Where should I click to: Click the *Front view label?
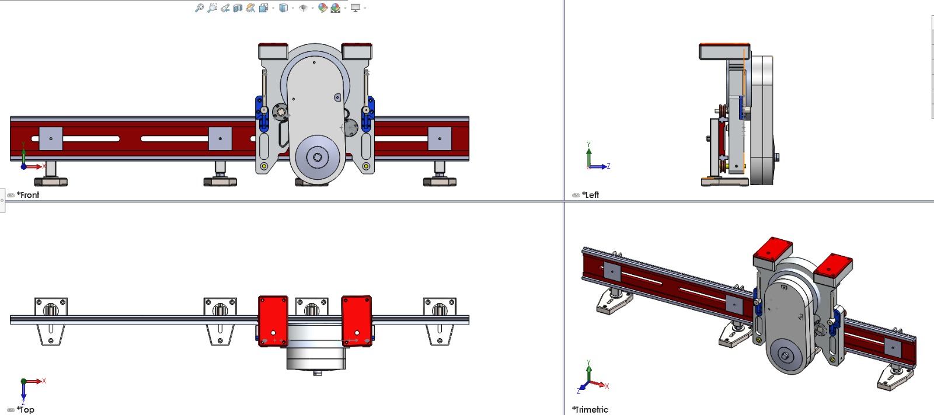point(28,195)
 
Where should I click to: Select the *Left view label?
point(590,195)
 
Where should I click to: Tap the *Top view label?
point(26,410)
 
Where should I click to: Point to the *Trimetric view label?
point(590,410)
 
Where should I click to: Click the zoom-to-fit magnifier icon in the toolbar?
point(199,8)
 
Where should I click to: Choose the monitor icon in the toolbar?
point(356,8)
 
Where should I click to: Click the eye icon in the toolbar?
point(303,8)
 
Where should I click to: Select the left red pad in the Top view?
point(273,321)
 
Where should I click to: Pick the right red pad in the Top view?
point(357,321)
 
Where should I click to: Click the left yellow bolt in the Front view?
point(264,166)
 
